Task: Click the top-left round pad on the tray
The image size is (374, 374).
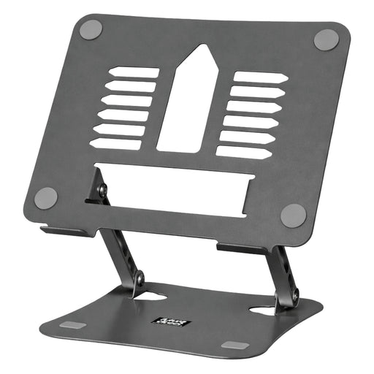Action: [91, 30]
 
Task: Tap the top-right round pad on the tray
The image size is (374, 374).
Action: [326, 39]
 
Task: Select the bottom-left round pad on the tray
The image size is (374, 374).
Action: [45, 197]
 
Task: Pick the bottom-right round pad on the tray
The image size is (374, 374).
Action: [293, 215]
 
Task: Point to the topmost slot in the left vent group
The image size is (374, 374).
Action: [133, 73]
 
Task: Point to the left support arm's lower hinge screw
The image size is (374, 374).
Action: [139, 277]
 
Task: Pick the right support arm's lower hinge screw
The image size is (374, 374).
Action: [294, 295]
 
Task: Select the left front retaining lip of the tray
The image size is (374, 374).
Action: [66, 232]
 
